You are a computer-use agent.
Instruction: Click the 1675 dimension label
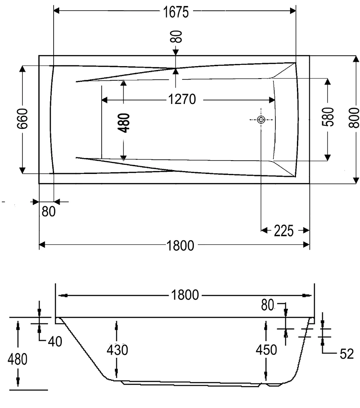point(175,12)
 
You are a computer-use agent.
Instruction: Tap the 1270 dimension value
point(182,100)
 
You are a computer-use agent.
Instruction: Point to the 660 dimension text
point(23,119)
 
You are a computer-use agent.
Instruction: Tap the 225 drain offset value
point(284,231)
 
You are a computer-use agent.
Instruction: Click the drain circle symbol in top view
point(261,120)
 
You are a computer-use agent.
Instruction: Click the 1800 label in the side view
point(185,295)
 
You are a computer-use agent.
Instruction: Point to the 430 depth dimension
point(117,350)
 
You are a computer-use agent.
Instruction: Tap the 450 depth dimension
point(266,350)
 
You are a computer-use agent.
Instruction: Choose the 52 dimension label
point(346,354)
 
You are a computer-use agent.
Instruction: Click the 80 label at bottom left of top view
point(48,212)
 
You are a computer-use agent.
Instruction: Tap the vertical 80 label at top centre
point(176,37)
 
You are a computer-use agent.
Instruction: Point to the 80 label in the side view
point(267,305)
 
